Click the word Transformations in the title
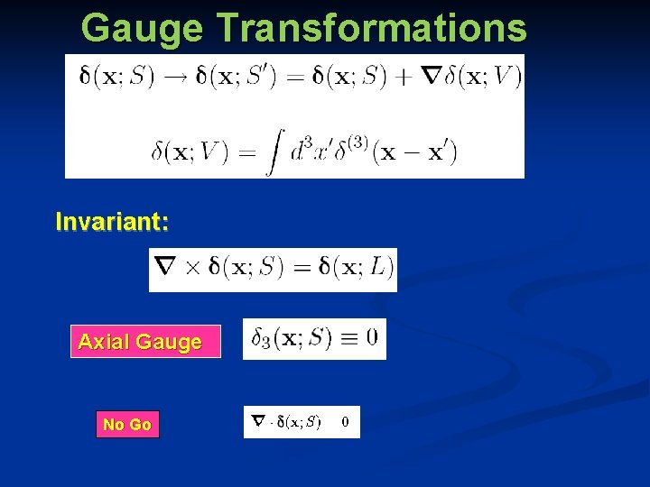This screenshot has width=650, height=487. pos(371,28)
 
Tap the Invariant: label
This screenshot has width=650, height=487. pos(112,221)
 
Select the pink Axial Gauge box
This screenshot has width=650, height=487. pos(145,342)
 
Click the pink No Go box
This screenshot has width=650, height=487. pos(127,424)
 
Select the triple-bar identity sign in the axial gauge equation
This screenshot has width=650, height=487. pos(347,339)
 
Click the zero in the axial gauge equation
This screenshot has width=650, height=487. pos(372,339)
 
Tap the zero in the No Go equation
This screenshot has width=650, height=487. pos(346,421)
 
